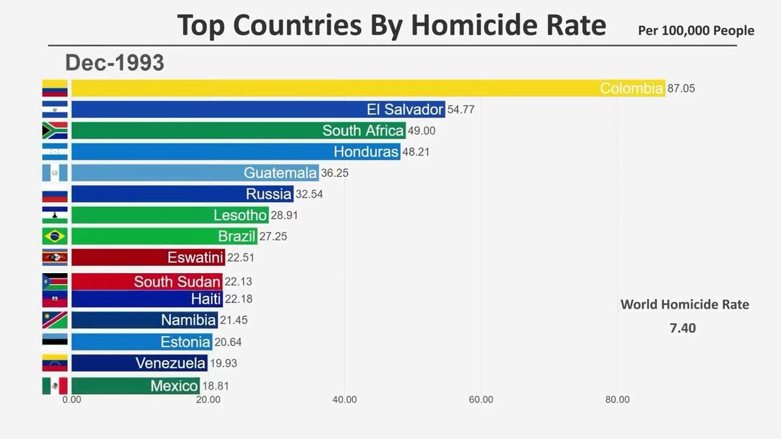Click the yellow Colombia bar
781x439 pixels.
(368, 88)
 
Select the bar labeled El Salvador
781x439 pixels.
(258, 109)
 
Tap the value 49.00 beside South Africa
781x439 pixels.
(422, 131)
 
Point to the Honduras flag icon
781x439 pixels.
(55, 152)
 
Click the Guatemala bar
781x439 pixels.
(195, 173)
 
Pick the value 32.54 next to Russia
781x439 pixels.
(309, 194)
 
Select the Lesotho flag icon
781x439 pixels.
(55, 215)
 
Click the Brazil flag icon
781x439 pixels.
(55, 235)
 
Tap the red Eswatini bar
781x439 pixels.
(148, 257)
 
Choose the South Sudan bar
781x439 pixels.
(146, 282)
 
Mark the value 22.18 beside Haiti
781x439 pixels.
(239, 299)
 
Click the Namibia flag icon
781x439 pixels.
(55, 320)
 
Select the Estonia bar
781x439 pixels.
(141, 341)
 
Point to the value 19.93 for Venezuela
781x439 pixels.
(223, 363)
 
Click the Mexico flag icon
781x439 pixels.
(55, 386)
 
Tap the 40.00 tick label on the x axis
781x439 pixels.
(344, 400)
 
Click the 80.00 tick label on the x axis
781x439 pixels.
(617, 400)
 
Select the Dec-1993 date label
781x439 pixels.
(115, 62)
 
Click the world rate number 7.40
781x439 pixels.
(683, 328)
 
